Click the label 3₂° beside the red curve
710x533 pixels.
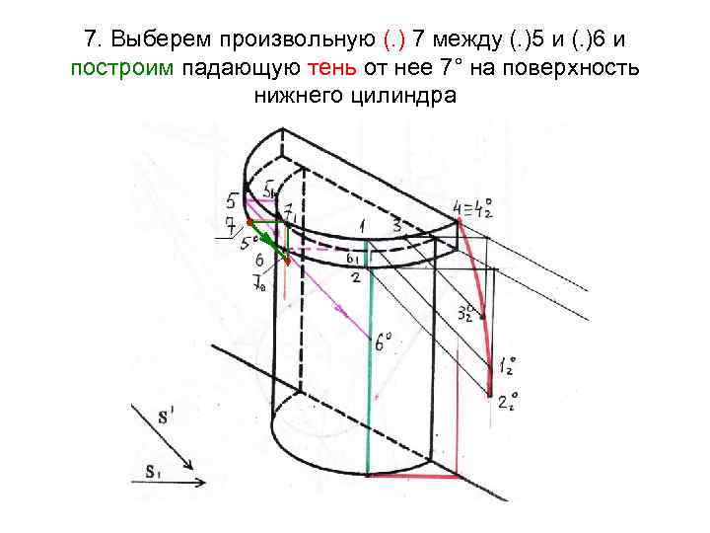tap(467, 313)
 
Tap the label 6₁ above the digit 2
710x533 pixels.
tap(353, 257)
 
